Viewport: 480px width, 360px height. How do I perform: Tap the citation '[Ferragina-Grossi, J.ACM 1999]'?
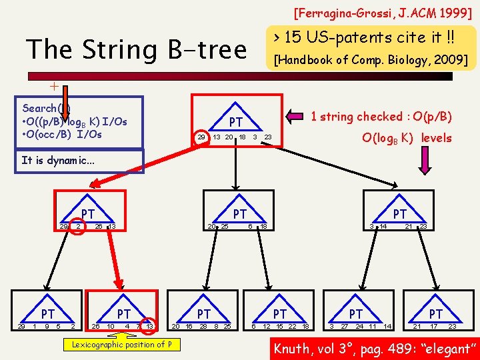[x=382, y=12]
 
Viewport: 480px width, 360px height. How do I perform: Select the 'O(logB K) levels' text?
[x=406, y=138]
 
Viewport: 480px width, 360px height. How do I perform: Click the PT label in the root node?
[x=236, y=122]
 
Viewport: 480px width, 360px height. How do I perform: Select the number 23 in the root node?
[x=268, y=137]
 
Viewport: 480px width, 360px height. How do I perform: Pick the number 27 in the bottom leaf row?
[x=345, y=326]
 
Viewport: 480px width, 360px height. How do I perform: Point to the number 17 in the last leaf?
[x=433, y=326]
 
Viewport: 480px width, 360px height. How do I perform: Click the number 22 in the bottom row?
[x=293, y=326]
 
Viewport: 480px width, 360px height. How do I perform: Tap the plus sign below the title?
[x=54, y=86]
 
